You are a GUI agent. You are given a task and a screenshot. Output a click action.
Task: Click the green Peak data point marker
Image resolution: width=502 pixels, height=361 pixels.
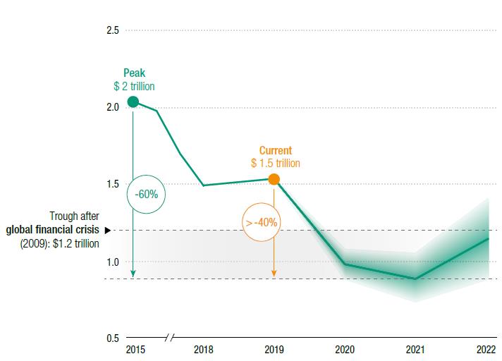133,102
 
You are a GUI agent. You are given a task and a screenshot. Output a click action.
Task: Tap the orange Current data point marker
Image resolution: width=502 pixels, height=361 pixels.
274,180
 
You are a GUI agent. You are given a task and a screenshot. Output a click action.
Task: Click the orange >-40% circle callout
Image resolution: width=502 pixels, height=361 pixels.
261,223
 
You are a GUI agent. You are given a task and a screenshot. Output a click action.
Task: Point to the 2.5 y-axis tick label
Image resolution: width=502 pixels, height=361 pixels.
112,30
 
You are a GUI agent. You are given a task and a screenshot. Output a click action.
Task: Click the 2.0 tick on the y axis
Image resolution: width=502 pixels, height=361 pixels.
112,107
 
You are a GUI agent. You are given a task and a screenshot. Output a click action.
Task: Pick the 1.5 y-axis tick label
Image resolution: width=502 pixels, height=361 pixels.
112,185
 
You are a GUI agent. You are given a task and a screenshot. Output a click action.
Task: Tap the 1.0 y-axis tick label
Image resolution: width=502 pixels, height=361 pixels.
112,262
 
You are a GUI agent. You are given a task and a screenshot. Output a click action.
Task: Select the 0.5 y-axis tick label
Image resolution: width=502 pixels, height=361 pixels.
112,338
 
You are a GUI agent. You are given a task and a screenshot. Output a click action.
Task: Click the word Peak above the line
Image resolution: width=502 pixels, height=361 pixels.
134,73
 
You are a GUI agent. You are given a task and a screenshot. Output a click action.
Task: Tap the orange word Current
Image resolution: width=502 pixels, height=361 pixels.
275,151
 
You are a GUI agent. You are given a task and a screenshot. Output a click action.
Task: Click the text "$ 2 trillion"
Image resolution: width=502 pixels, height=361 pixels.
134,86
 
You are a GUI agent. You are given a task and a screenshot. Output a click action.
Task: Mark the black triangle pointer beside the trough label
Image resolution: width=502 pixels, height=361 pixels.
108,230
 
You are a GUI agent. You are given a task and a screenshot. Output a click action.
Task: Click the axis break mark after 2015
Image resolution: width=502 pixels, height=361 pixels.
168,338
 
